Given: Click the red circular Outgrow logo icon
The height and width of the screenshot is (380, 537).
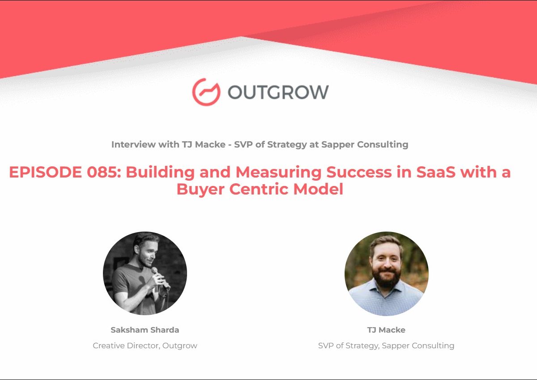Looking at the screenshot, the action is pyautogui.click(x=206, y=92).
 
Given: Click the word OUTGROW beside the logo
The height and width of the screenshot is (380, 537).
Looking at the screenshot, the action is pyautogui.click(x=278, y=92).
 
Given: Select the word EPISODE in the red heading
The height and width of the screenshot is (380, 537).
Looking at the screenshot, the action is pyautogui.click(x=45, y=172).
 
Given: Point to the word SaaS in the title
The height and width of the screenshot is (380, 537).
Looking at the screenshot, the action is pyautogui.click(x=435, y=172).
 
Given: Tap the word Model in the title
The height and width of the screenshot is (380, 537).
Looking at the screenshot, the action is pyautogui.click(x=318, y=189).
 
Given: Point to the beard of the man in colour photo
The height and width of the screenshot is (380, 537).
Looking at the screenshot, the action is pyautogui.click(x=387, y=277).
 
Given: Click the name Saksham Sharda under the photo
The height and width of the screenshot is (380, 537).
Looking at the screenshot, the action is pyautogui.click(x=145, y=330).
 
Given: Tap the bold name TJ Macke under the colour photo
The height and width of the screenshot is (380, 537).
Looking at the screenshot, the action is pyautogui.click(x=386, y=330).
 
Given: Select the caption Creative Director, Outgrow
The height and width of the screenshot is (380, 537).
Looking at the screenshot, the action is pyautogui.click(x=145, y=346).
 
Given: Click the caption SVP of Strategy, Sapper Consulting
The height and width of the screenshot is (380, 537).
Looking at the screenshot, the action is pyautogui.click(x=386, y=346).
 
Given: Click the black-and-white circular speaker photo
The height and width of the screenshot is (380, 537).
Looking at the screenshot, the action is pyautogui.click(x=145, y=273).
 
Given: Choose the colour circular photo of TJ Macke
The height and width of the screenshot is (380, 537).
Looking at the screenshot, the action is pyautogui.click(x=387, y=273).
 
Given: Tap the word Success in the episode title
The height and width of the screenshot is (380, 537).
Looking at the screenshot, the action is pyautogui.click(x=359, y=172).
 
